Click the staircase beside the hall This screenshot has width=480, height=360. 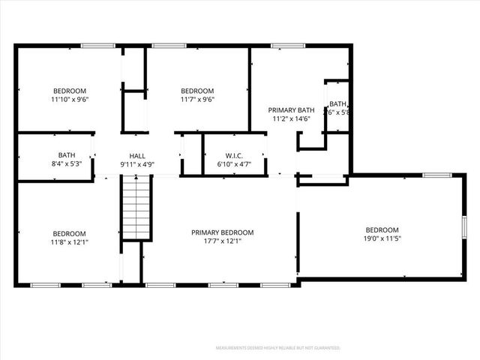coord(138,208)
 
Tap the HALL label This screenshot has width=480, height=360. coord(137,156)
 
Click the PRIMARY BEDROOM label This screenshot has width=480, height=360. coord(222,232)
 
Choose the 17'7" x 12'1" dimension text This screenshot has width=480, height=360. coord(222,241)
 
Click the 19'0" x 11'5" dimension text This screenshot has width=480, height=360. coord(382,239)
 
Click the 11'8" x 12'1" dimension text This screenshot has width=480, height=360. coord(68,242)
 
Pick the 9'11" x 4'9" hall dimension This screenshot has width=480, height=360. coord(137,164)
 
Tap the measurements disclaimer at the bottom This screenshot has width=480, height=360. coord(277,348)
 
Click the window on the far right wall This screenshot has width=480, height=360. coord(464,226)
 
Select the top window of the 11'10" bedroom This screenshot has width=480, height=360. coord(97,46)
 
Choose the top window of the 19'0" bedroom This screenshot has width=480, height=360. coord(436,175)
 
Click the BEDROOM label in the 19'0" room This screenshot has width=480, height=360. coord(382,230)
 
